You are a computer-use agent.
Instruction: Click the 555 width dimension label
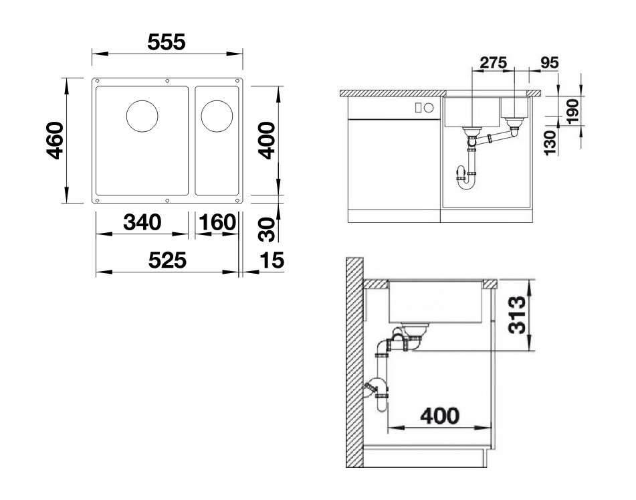pyautogui.click(x=166, y=42)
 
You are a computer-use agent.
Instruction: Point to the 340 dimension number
pyautogui.click(x=142, y=222)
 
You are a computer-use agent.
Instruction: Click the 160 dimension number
pyautogui.click(x=216, y=222)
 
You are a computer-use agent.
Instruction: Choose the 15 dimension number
pyautogui.click(x=272, y=260)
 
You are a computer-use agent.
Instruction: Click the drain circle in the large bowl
pyautogui.click(x=142, y=116)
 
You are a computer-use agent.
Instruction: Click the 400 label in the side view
pyautogui.click(x=440, y=416)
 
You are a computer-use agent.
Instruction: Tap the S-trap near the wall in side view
pyautogui.click(x=378, y=392)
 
